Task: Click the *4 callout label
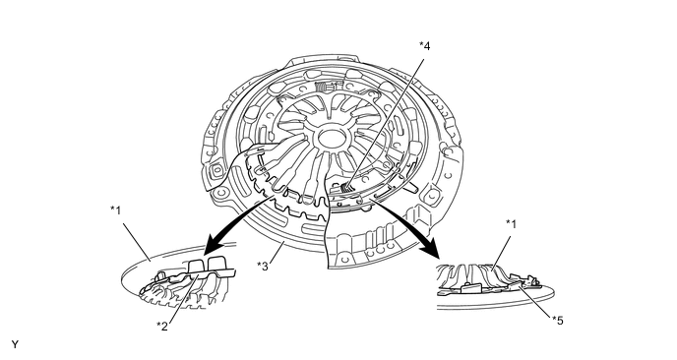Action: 425,46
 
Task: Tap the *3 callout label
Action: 263,267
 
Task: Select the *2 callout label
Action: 162,326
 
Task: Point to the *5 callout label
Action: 557,321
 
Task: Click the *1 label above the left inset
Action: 116,210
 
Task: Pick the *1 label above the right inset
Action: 511,224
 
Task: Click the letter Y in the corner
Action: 15,344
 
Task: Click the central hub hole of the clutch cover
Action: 333,139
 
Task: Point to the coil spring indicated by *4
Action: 345,188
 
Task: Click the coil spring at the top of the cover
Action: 322,88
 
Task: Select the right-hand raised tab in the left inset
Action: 216,264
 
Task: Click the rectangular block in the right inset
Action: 471,287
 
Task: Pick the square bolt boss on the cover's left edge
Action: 216,170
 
